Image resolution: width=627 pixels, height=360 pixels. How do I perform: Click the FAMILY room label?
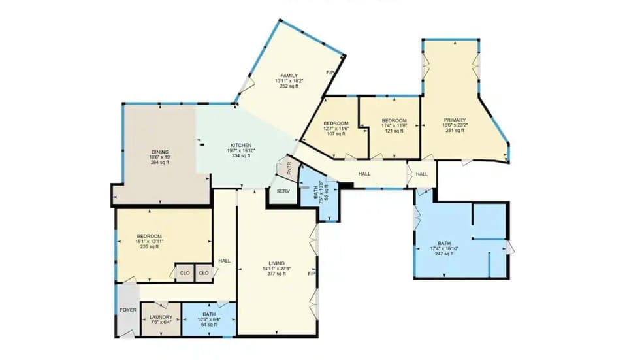pyautogui.click(x=289, y=76)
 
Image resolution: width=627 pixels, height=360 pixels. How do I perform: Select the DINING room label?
pyautogui.click(x=159, y=152)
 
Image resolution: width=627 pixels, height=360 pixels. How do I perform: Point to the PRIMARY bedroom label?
pyautogui.click(x=455, y=120)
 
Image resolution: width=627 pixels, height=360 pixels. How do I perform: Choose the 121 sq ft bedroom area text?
pyautogui.click(x=394, y=131)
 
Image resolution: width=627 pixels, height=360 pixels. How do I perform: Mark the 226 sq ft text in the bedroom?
pyautogui.click(x=150, y=246)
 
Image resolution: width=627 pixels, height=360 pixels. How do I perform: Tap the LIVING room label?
pyautogui.click(x=277, y=263)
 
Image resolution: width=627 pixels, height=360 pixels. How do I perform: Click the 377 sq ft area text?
pyautogui.click(x=277, y=274)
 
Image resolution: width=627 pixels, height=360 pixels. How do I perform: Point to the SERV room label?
pyautogui.click(x=283, y=191)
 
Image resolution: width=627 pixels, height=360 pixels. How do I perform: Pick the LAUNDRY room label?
pyautogui.click(x=160, y=317)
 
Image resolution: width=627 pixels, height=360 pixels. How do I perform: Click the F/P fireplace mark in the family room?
pyautogui.click(x=330, y=71)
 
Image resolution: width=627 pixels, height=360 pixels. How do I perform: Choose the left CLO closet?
pyautogui.click(x=185, y=272)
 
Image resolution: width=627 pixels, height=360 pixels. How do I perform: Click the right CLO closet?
pyautogui.click(x=204, y=272)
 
